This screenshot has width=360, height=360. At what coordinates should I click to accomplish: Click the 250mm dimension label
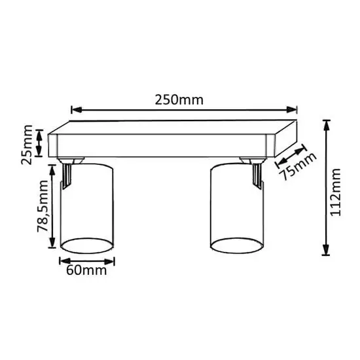point(179,100)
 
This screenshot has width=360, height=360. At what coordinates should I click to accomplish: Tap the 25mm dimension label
point(27,145)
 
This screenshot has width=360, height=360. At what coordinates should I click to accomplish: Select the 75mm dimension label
point(298,166)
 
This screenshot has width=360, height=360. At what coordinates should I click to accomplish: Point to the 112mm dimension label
point(335,192)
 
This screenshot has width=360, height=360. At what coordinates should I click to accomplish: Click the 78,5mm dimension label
point(43,206)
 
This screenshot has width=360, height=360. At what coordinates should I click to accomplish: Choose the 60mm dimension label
point(86,270)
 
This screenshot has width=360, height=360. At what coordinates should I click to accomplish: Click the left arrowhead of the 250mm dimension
point(77,110)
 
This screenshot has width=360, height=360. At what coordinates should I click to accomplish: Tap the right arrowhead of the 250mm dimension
point(292,110)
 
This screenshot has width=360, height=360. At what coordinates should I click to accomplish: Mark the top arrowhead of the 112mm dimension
point(326,126)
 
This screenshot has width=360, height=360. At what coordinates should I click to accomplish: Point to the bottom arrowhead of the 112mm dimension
point(326,250)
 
